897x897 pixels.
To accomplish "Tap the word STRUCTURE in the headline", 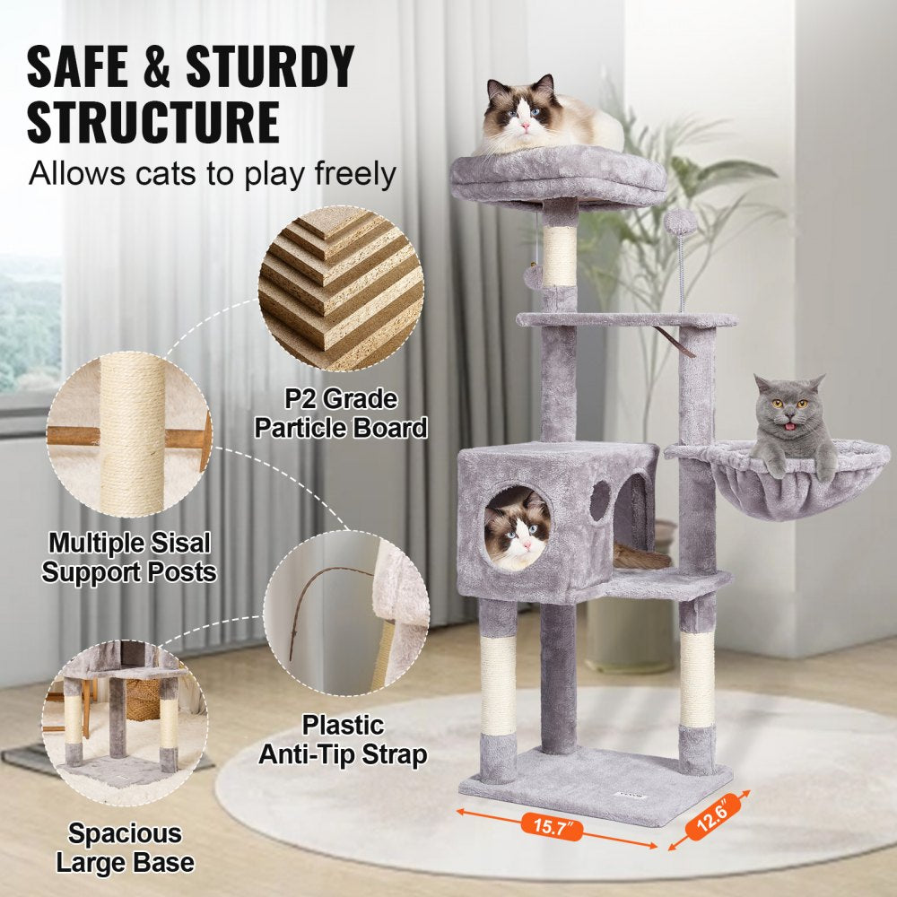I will [x=153, y=122].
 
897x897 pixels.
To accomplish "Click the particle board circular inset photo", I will [x=340, y=288].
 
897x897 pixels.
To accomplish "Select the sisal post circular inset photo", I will [x=129, y=435].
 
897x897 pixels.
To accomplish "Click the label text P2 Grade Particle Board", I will [x=341, y=414].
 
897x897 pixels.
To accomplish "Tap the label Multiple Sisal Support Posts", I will [x=129, y=557].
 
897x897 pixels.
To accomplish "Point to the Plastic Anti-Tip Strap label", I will [x=343, y=739].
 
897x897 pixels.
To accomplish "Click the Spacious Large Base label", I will [x=125, y=849].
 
